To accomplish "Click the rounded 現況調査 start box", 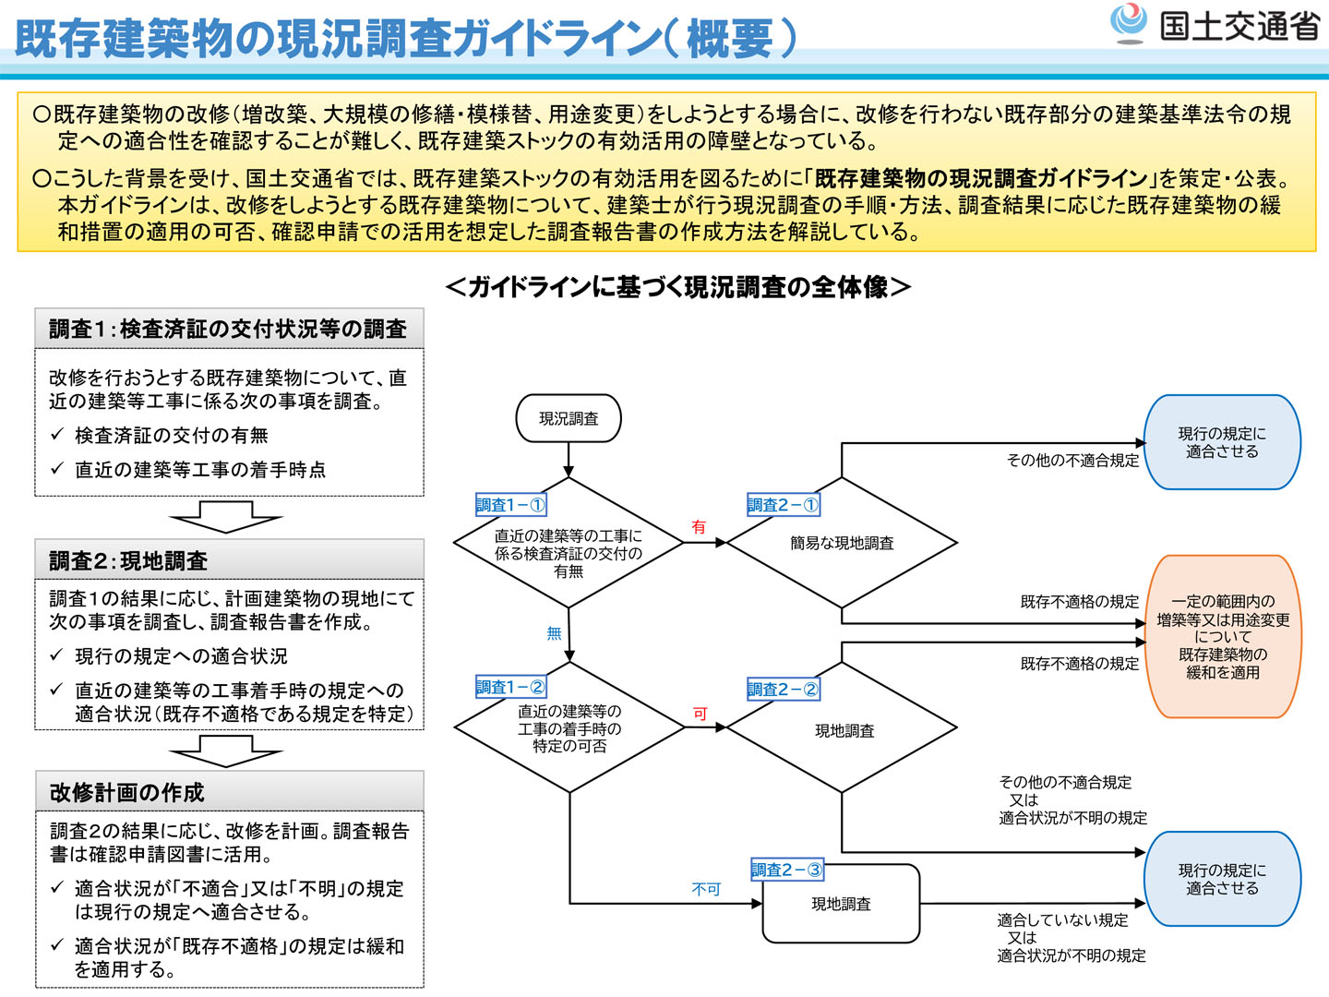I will [568, 418].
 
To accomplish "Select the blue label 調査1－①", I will [510, 505].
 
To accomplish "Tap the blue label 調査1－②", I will [510, 687].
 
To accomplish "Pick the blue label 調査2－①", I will [783, 505].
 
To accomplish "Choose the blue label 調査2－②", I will [783, 689].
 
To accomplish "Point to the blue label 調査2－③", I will [786, 870].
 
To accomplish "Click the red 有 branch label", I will [699, 527].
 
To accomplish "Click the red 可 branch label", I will [700, 714].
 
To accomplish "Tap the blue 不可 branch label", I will [706, 889].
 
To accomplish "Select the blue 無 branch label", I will [554, 633].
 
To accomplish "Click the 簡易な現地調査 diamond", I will [842, 543].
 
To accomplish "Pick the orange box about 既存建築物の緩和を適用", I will [1223, 637].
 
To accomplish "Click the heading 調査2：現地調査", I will [128, 560].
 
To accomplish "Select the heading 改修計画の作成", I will [127, 792].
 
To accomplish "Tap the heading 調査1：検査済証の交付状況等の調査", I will [228, 329].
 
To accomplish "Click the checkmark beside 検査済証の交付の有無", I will [57, 435].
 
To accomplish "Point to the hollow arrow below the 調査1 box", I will [226, 517].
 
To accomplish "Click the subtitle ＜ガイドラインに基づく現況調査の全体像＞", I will [677, 287].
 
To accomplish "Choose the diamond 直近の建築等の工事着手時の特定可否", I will [569, 728].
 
